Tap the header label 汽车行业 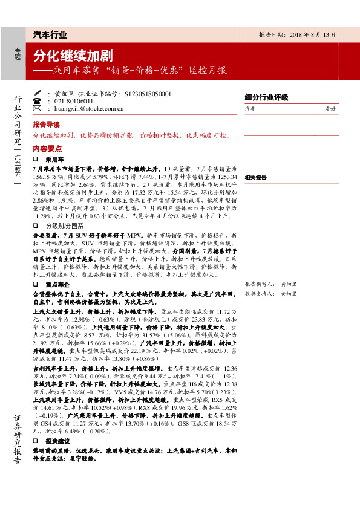50,34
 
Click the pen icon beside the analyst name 37,94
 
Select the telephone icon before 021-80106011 37,101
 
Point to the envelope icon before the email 37,109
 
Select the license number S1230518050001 148,94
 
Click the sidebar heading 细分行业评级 266,97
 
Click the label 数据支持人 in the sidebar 257,293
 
